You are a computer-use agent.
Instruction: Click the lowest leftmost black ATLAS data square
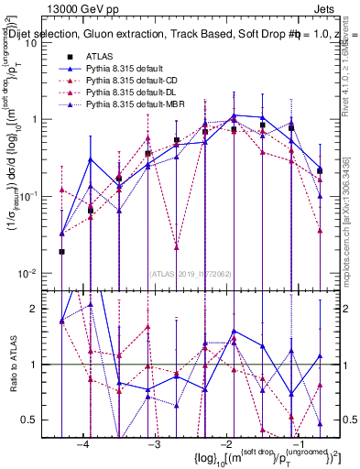click(61, 251)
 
